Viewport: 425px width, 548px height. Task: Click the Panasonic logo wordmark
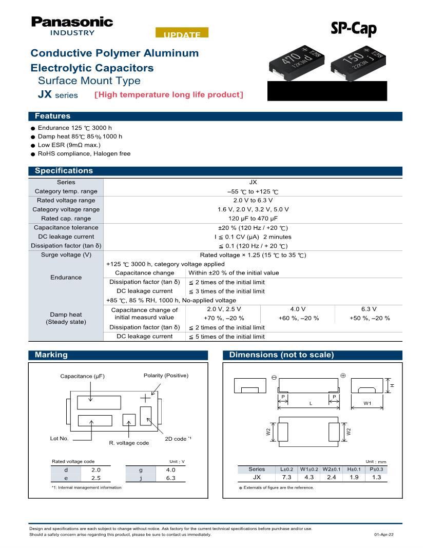point(72,22)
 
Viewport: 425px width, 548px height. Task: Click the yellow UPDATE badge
point(182,34)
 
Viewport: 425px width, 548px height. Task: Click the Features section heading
point(52,116)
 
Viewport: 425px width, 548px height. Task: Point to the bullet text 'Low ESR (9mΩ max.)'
point(69,145)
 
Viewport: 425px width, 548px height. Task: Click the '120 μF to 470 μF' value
point(253,218)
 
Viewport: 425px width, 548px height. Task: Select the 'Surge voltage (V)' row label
point(66,255)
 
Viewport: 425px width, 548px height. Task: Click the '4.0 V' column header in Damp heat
point(298,309)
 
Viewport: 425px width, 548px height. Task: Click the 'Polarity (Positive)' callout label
point(166,376)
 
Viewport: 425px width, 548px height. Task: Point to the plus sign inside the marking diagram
point(146,397)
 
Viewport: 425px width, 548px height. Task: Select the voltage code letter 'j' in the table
point(141,478)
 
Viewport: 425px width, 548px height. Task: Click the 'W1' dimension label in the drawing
point(368,403)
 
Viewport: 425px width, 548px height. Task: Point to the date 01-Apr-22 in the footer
point(384,535)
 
